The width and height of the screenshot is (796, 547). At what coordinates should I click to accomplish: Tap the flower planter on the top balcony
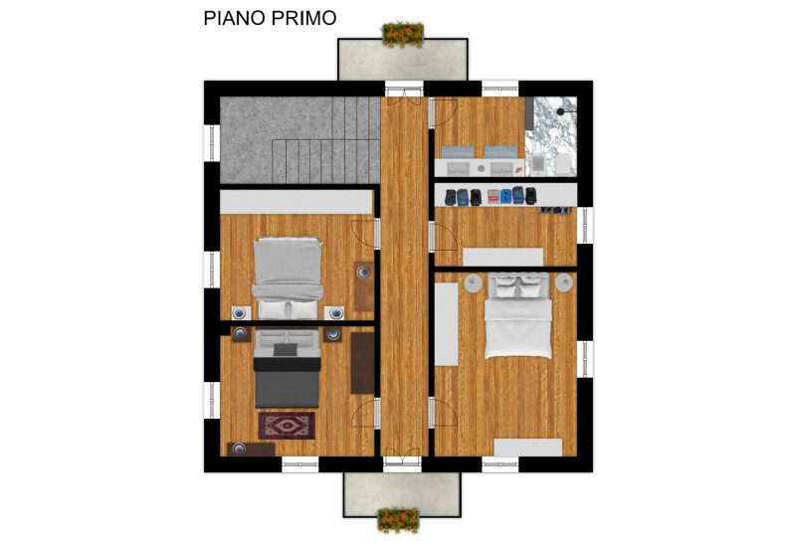pyautogui.click(x=402, y=35)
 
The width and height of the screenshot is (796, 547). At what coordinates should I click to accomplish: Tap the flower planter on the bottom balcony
pyautogui.click(x=399, y=519)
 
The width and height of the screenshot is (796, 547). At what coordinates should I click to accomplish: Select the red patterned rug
pyautogui.click(x=287, y=426)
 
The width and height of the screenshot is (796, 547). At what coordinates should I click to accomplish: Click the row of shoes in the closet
pyautogui.click(x=555, y=210)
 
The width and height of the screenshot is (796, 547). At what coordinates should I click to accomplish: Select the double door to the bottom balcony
pyautogui.click(x=402, y=460)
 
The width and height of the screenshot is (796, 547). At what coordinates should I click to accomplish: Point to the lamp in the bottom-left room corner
pyautogui.click(x=238, y=450)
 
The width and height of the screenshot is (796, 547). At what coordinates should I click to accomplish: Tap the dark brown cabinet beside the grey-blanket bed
pyautogui.click(x=362, y=363)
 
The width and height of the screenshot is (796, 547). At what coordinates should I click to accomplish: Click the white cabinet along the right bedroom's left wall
pyautogui.click(x=446, y=323)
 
